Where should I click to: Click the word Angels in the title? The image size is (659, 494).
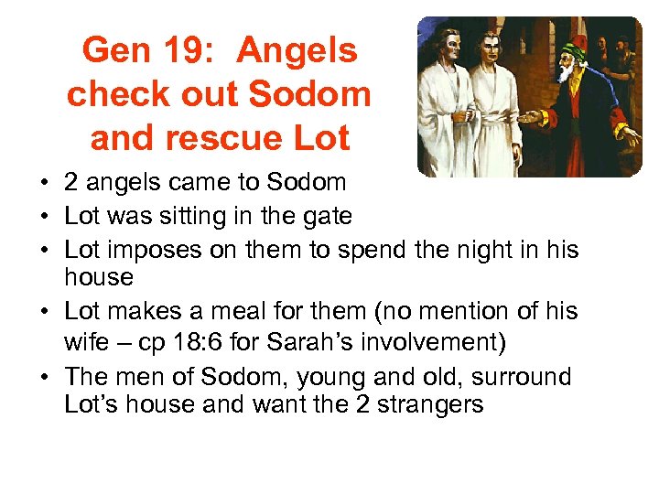click(x=297, y=51)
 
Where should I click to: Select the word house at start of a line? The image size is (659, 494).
click(x=99, y=276)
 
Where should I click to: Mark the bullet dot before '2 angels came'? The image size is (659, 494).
click(x=44, y=182)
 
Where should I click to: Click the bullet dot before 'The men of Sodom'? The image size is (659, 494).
click(x=44, y=377)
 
